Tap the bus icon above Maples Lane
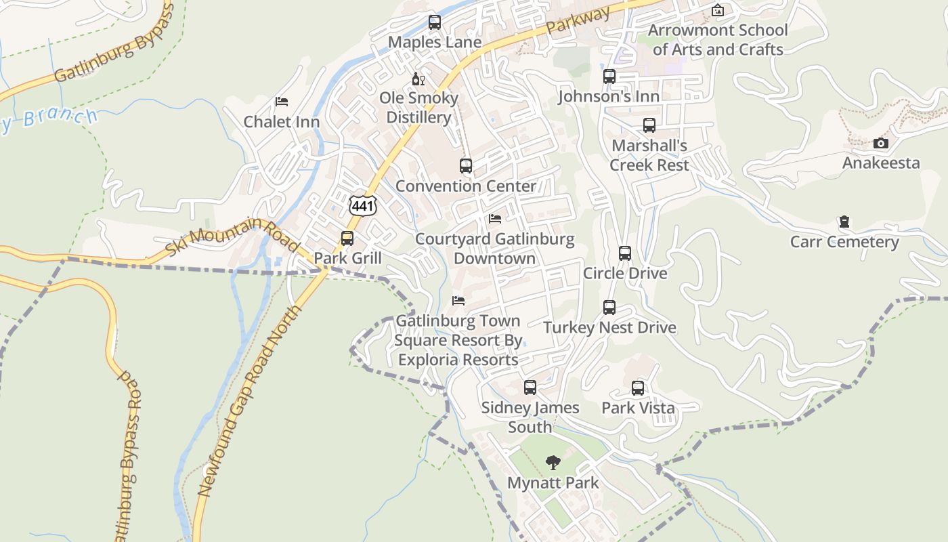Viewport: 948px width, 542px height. pos(435,22)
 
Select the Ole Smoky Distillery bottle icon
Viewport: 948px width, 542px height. pos(418,79)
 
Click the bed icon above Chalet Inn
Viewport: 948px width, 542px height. pos(282,102)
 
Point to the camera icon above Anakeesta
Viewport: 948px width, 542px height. pos(880,143)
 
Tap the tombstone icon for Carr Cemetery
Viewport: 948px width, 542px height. pos(844,222)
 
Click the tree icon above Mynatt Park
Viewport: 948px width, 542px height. pos(553,463)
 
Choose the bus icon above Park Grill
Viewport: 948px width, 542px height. pos(347,238)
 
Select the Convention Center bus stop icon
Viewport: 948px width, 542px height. pos(466,166)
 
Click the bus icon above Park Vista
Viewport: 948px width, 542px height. pos(638,388)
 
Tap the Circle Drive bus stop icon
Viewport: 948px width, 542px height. pos(625,253)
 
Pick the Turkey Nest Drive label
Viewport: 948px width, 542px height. pos(609,327)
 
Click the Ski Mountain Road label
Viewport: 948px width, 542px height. pos(232,237)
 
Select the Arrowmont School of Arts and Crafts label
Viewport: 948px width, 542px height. pos(718,39)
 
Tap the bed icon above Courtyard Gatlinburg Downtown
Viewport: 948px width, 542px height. pos(495,219)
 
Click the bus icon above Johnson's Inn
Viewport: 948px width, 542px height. pos(609,77)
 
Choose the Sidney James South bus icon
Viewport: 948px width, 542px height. pos(530,388)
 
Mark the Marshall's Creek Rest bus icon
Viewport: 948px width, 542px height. pos(649,125)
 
